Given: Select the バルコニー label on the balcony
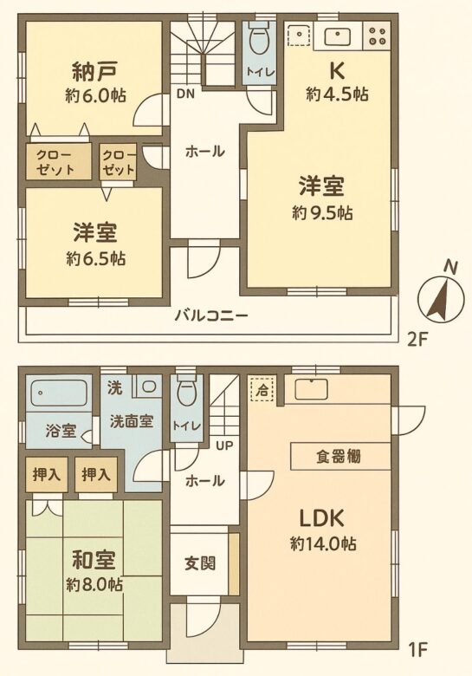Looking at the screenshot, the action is [x=211, y=316].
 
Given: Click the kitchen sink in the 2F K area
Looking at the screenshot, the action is [x=337, y=36].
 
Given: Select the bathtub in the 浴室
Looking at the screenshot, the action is [x=59, y=393].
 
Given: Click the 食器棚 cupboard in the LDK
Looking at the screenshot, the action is [x=340, y=456].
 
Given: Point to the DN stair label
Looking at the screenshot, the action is [x=185, y=94].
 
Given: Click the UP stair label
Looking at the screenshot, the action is [x=224, y=445].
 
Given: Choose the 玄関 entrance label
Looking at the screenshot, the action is [x=200, y=563].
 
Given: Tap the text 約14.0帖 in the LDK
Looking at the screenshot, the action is [x=323, y=543].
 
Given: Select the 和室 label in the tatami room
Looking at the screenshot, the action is [x=94, y=560].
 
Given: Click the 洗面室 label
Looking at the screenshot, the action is [x=132, y=421].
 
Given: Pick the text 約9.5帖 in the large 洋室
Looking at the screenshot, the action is [x=323, y=212].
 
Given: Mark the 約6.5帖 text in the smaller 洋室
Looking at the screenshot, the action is [x=96, y=258].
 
